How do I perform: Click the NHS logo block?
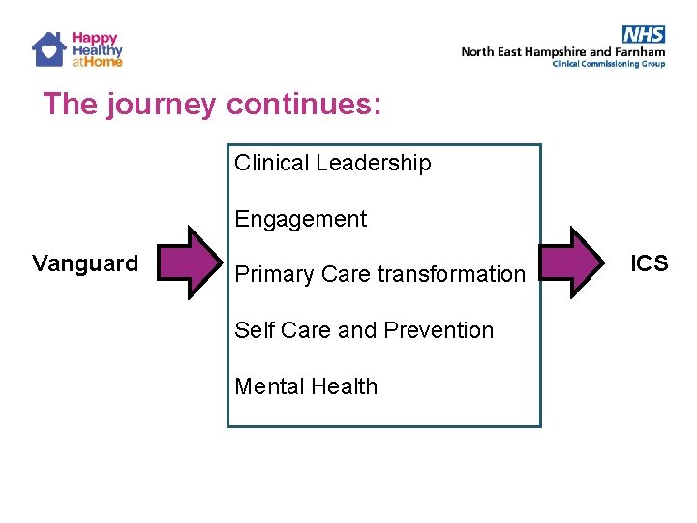[644, 36]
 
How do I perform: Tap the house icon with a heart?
[48, 48]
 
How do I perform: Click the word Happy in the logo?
[95, 38]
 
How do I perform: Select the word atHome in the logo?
[97, 61]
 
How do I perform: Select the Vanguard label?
[85, 262]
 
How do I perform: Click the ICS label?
[649, 262]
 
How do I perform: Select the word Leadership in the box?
[373, 164]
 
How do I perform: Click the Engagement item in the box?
[301, 219]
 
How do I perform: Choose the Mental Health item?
[306, 386]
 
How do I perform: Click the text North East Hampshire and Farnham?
[562, 52]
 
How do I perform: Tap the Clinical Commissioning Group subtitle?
[608, 64]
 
